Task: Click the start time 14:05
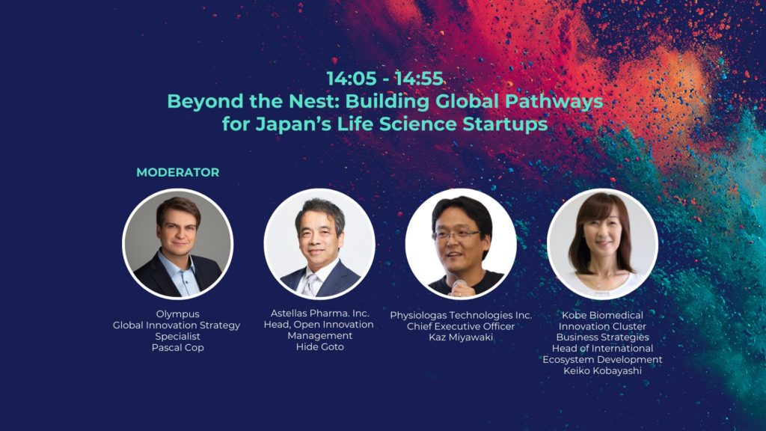(352, 79)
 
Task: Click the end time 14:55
(419, 79)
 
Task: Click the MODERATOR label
(178, 173)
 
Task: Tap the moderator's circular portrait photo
(178, 244)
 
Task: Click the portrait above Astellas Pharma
(319, 244)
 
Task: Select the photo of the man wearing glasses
(461, 244)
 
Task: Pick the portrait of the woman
(602, 244)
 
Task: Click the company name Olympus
(178, 314)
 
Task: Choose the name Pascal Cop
(178, 348)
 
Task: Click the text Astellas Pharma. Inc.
(320, 314)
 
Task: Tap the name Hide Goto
(320, 347)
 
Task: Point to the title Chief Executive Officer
(461, 326)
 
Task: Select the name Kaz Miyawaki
(461, 337)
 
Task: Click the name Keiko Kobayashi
(602, 371)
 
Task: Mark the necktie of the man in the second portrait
(310, 285)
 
